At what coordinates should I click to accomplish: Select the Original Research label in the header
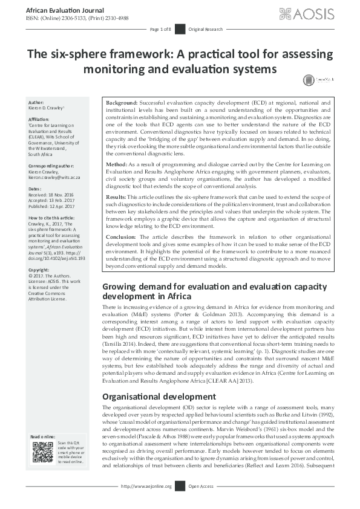pyautogui.click(x=205, y=29)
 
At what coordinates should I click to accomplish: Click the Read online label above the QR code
pyautogui.click(x=44, y=436)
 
